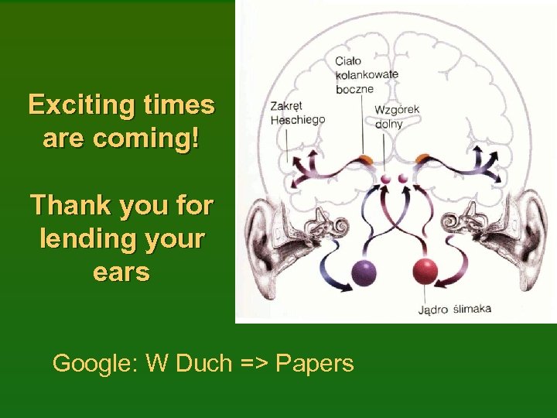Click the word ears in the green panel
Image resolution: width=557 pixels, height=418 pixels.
(x=121, y=272)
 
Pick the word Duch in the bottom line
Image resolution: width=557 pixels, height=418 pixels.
(x=203, y=362)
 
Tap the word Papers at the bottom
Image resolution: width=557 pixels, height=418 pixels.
(x=315, y=362)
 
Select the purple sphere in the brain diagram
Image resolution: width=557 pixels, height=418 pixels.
(x=364, y=272)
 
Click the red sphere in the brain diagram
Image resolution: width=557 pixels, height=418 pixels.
(x=425, y=271)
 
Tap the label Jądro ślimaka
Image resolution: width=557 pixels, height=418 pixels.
(x=454, y=310)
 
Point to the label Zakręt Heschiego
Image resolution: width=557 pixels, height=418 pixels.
(x=297, y=113)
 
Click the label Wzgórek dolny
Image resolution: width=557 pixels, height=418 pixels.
(x=397, y=116)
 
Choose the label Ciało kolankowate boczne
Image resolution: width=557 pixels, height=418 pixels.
(x=366, y=74)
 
